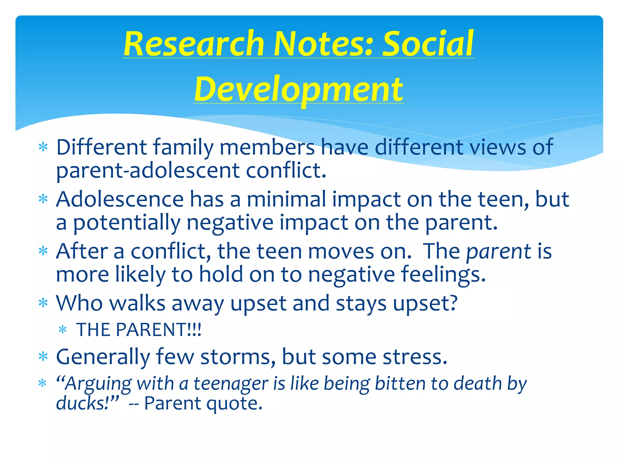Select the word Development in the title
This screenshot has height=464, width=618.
point(298,89)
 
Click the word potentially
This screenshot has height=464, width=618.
point(127,223)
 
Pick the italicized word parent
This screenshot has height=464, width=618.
point(499,251)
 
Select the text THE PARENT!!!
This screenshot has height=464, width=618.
point(139,330)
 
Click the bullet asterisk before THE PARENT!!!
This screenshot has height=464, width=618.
point(63,330)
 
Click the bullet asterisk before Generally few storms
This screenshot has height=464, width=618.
point(43,357)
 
